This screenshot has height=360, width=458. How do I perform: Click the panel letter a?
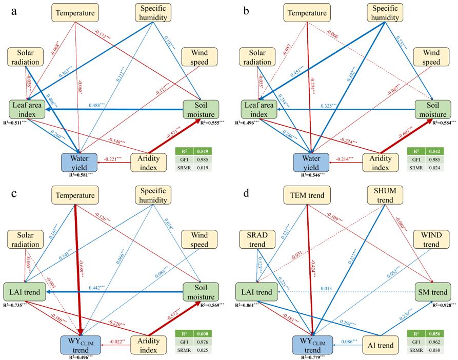[x=15, y=10]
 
